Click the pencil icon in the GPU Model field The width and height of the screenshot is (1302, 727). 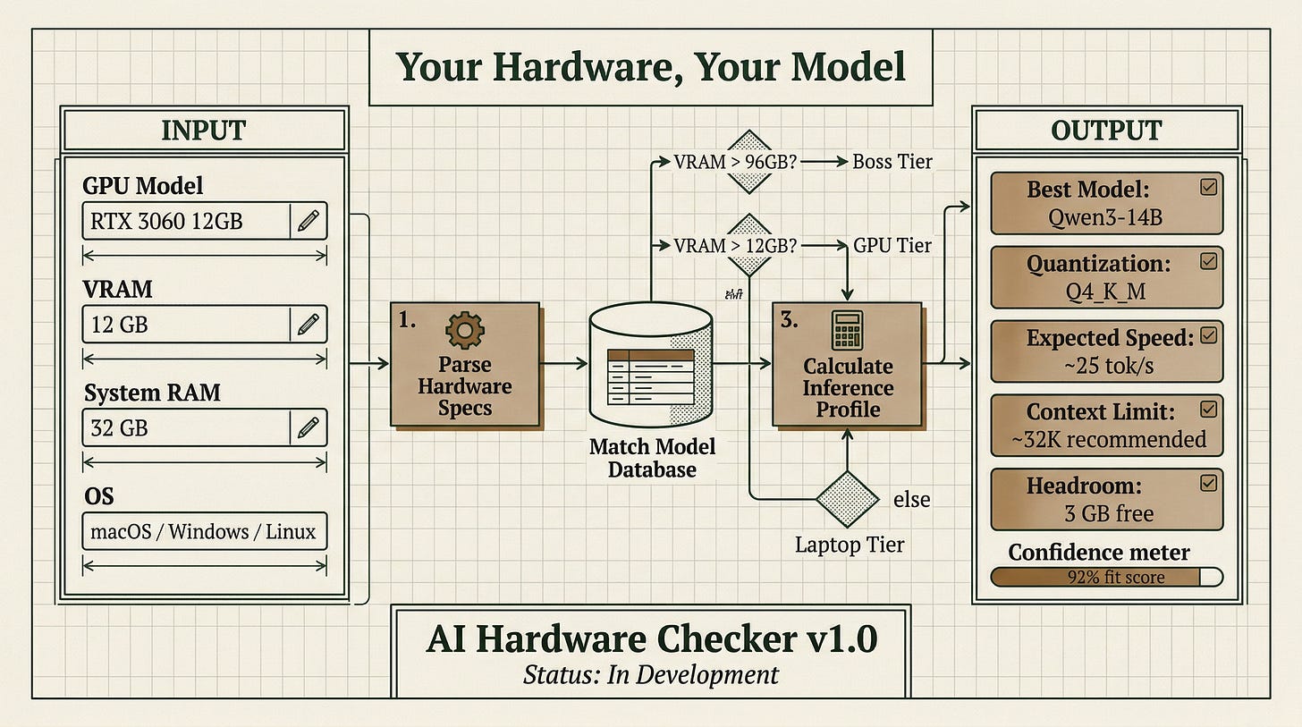(308, 221)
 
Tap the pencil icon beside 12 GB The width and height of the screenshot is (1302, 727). (308, 325)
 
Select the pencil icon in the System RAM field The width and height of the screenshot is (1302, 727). (308, 427)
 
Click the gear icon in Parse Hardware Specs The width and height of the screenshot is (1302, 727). (464, 330)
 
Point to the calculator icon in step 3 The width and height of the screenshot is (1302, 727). (847, 330)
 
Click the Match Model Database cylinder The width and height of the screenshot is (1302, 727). (650, 364)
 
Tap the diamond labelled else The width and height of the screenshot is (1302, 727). (847, 499)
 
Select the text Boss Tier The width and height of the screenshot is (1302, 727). (892, 162)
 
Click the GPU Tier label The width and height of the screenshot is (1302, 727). (892, 245)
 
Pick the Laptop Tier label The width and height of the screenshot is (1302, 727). (850, 545)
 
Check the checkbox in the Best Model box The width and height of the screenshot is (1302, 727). (1208, 187)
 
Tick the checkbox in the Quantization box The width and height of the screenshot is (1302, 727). (1208, 261)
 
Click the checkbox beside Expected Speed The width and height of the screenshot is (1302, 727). (1208, 335)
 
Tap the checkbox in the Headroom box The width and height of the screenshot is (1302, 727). (1208, 483)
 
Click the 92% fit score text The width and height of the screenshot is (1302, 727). (1116, 577)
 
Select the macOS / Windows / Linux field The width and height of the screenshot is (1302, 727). (205, 531)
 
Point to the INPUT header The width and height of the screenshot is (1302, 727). (204, 131)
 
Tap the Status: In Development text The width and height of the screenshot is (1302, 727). (650, 675)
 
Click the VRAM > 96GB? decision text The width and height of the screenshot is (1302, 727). (735, 162)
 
